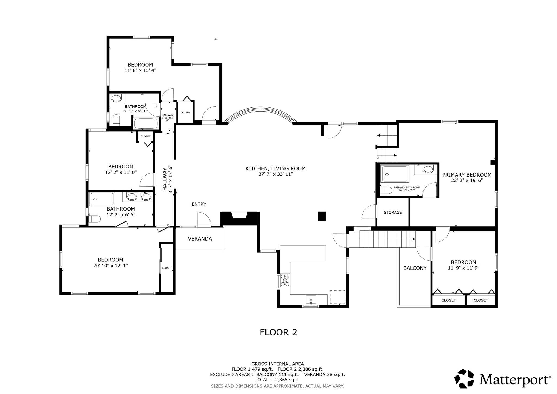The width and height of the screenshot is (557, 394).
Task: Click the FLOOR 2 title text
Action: [x=278, y=332]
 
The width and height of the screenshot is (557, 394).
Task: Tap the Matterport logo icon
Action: [x=464, y=378]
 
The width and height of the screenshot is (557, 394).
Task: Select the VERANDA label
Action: [x=200, y=239]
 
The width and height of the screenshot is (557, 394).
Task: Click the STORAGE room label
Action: [x=393, y=212]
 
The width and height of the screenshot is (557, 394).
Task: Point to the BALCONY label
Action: [x=415, y=268]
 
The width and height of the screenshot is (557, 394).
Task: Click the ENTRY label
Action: [x=199, y=204]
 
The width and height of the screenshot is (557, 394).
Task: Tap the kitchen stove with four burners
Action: [x=285, y=280]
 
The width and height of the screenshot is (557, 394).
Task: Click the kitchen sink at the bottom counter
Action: [x=311, y=300]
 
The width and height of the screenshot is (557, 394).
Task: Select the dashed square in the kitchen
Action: [x=338, y=297]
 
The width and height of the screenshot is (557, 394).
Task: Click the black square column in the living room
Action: [x=322, y=216]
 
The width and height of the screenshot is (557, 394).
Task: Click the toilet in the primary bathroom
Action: [x=386, y=190]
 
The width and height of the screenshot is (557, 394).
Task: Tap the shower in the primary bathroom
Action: [x=395, y=174]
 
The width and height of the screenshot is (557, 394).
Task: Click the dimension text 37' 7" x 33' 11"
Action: [x=276, y=174]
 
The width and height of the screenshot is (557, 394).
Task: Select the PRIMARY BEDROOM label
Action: [x=467, y=175]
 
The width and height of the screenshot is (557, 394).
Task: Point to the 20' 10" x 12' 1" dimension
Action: [x=110, y=266]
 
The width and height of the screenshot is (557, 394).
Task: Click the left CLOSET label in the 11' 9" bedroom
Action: [x=448, y=300]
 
